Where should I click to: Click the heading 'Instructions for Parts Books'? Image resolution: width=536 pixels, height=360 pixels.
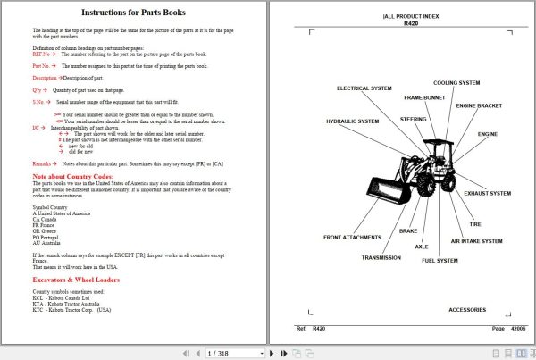click(x=133, y=13)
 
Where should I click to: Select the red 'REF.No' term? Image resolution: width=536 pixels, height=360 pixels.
click(x=42, y=54)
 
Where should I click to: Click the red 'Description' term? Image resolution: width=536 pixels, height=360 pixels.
click(x=45, y=78)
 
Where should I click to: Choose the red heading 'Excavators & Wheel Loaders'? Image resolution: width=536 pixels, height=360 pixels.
click(x=76, y=280)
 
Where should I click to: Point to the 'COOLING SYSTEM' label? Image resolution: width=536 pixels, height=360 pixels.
click(x=457, y=83)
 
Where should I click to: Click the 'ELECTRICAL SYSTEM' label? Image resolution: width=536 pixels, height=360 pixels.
click(x=364, y=88)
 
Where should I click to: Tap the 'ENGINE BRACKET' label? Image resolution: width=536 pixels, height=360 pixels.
click(x=480, y=105)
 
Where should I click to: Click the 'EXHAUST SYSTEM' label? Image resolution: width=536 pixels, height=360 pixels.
click(x=488, y=193)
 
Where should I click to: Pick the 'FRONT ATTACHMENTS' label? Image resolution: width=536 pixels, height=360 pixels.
click(x=352, y=237)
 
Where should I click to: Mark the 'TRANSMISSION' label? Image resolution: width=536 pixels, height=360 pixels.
click(x=381, y=257)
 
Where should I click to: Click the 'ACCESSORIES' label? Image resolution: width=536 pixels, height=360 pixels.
click(x=466, y=309)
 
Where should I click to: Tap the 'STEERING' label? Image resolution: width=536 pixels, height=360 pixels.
click(x=412, y=119)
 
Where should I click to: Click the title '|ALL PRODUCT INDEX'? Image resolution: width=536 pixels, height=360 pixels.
click(x=410, y=16)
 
